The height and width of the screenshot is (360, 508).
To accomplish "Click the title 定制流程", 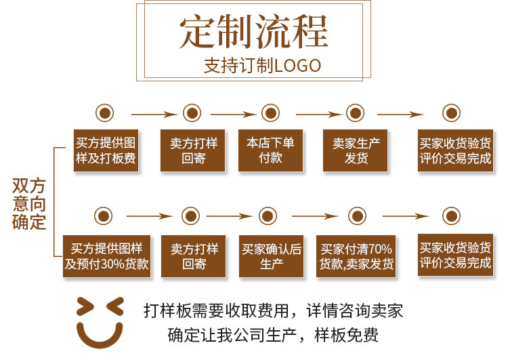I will click(254, 31).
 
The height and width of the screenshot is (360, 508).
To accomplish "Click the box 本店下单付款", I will click(270, 151).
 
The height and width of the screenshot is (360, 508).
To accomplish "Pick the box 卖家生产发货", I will click(356, 151).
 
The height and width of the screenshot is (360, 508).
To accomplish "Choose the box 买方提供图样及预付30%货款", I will click(106, 256).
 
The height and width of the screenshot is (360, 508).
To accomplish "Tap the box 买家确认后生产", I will click(271, 256).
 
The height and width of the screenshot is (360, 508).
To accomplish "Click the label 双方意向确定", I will click(29, 203).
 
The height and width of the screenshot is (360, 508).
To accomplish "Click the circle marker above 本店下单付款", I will click(270, 113).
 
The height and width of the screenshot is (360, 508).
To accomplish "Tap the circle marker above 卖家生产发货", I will click(356, 113).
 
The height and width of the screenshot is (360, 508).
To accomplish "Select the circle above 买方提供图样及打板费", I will click(104, 113).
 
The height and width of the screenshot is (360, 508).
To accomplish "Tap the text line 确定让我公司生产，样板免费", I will click(273, 335).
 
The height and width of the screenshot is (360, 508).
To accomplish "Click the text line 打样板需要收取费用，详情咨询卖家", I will click(273, 311).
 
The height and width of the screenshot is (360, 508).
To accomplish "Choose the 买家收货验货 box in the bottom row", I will click(455, 256).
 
